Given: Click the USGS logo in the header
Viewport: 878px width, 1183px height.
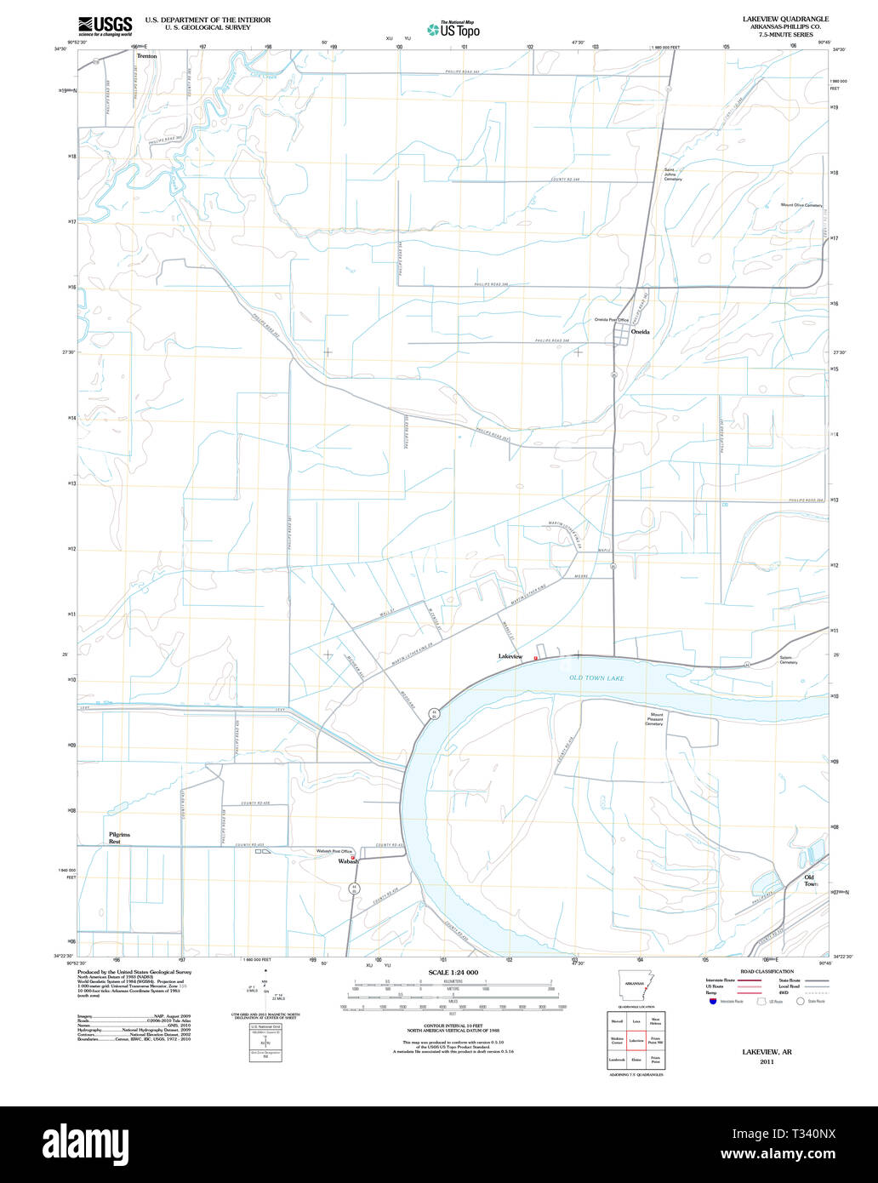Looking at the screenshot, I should tap(105, 26).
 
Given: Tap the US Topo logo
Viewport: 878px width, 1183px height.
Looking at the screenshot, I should tap(455, 30).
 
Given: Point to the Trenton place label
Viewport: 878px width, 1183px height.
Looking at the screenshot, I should tap(146, 55).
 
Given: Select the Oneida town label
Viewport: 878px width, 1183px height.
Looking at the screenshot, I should tap(640, 332).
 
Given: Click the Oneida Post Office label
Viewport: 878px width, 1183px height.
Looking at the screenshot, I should tap(611, 320).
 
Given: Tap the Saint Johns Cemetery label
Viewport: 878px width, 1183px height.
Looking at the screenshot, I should tap(673, 174).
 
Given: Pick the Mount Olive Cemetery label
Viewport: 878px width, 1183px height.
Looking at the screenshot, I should tap(801, 205).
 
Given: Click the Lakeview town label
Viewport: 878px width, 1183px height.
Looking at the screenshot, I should tap(510, 656).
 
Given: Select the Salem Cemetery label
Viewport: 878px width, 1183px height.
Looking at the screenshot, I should tap(789, 660).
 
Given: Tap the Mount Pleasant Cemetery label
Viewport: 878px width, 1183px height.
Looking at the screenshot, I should tap(654, 719).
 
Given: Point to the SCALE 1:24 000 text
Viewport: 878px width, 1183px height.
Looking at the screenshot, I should tap(453, 972).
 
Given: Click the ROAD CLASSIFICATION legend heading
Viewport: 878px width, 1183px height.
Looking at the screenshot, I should tap(767, 971).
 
